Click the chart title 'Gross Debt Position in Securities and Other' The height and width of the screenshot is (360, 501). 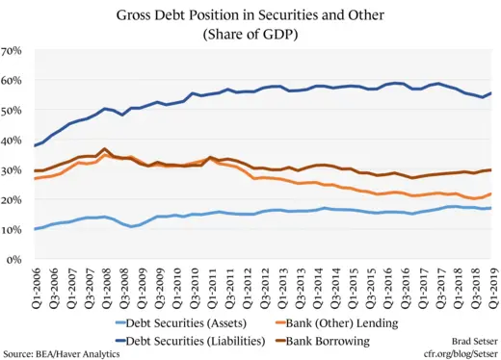coord(250,16)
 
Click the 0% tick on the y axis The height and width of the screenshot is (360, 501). coord(15,260)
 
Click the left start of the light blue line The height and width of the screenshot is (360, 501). coord(36,229)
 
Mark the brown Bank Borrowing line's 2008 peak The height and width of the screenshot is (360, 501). coord(105,149)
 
